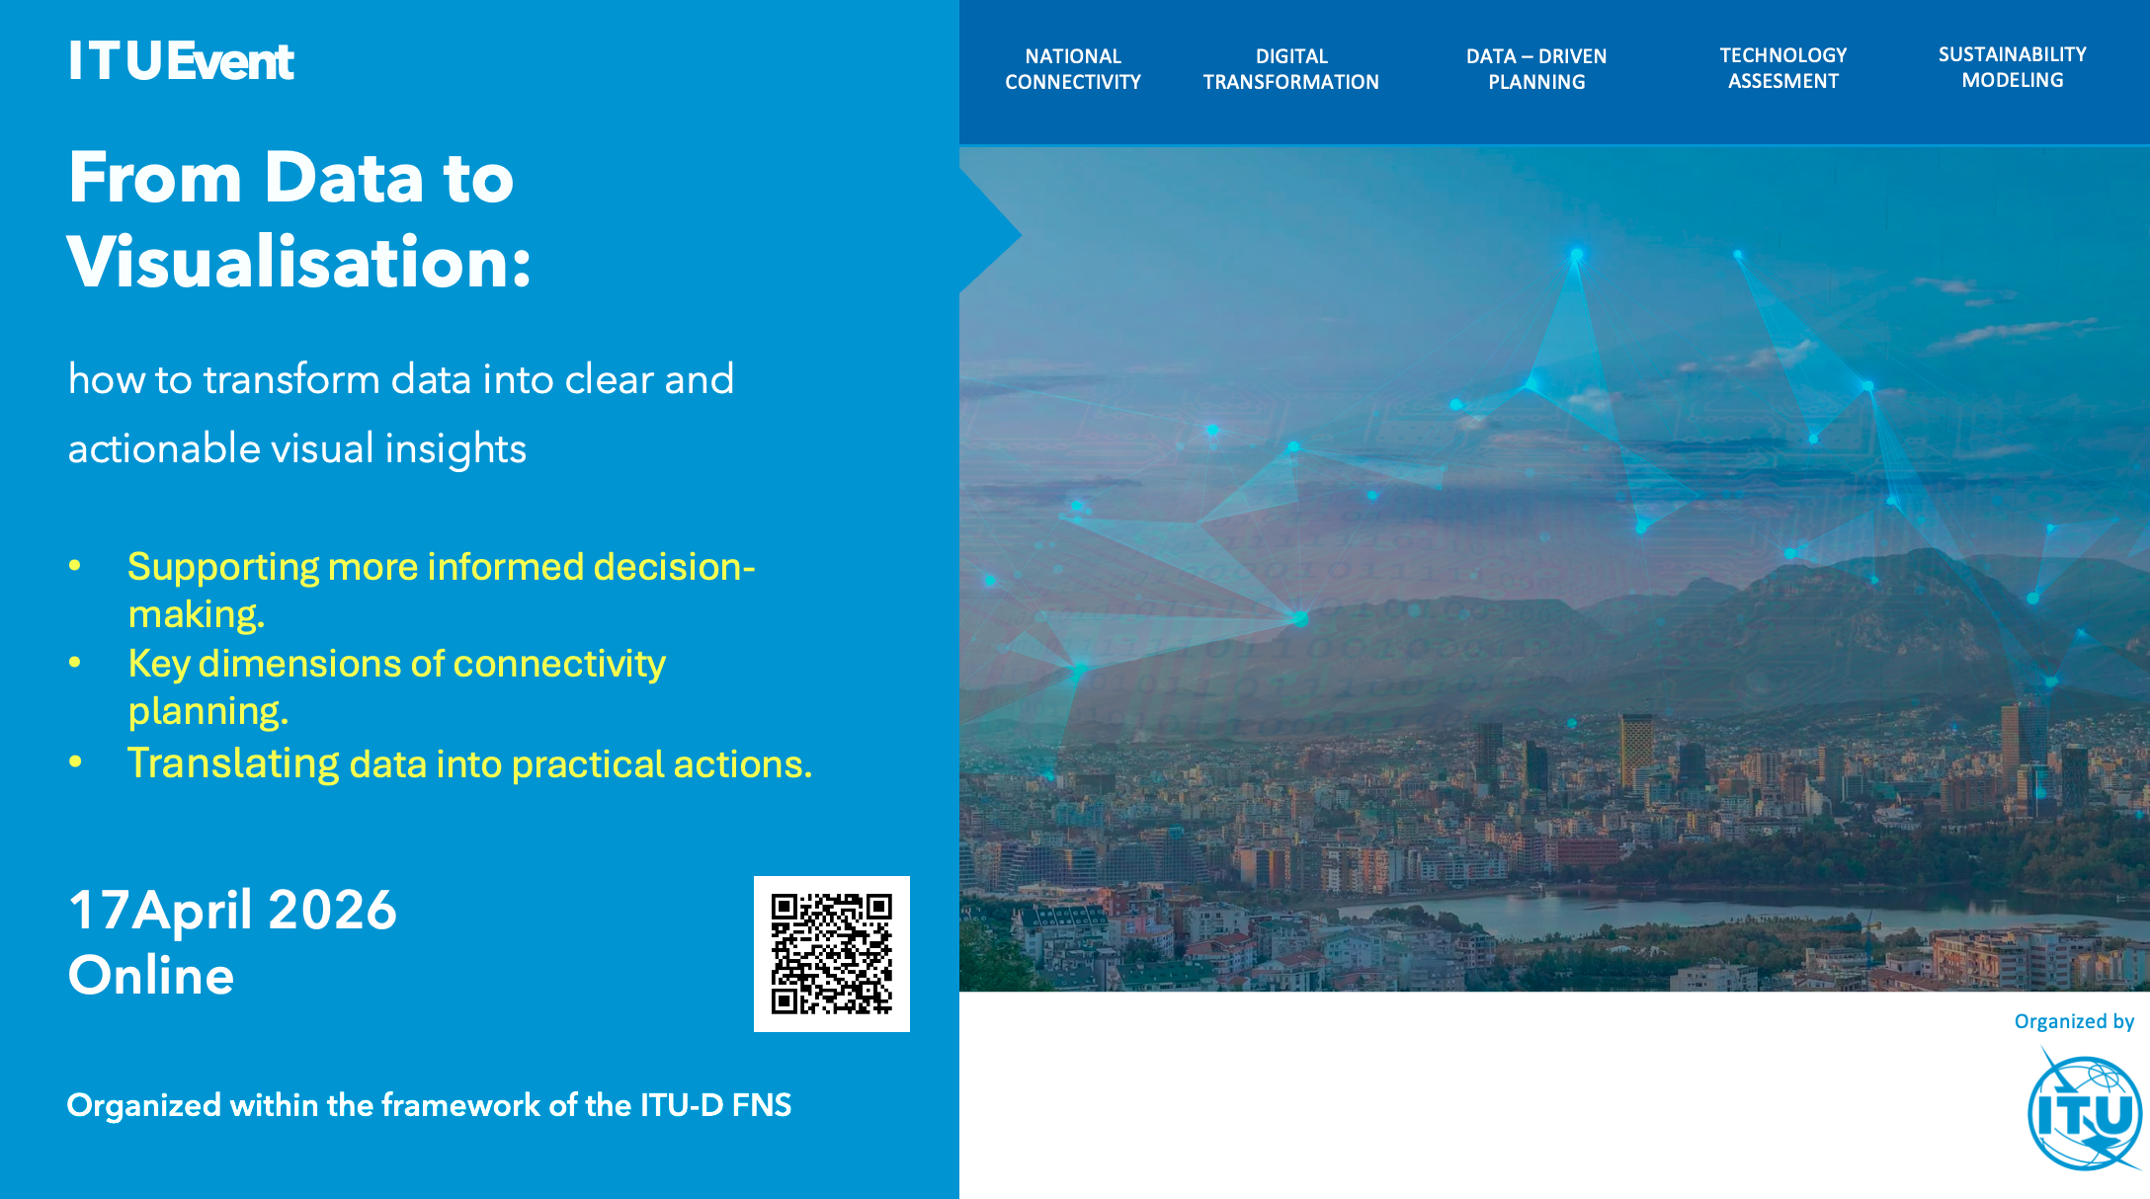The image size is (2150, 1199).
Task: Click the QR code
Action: pyautogui.click(x=831, y=954)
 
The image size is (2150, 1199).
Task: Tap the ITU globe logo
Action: pyautogui.click(x=2084, y=1113)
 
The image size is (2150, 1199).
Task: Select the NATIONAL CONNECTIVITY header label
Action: pyautogui.click(x=1073, y=69)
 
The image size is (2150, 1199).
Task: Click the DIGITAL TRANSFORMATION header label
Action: pyautogui.click(x=1290, y=69)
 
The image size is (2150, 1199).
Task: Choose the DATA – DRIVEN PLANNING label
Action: pyautogui.click(x=1536, y=69)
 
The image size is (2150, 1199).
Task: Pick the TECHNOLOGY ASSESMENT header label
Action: pyautogui.click(x=1782, y=68)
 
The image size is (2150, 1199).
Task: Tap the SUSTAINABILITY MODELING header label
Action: pyautogui.click(x=2012, y=67)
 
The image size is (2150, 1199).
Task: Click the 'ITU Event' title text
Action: pyautogui.click(x=181, y=61)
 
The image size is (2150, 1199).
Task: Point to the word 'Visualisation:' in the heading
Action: pyautogui.click(x=299, y=263)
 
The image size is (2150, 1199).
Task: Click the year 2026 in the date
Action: pyautogui.click(x=332, y=910)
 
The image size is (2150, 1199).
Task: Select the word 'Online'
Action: pyautogui.click(x=151, y=976)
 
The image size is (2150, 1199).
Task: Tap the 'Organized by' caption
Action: pyautogui.click(x=2074, y=1021)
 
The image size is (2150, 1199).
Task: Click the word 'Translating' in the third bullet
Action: pyautogui.click(x=233, y=763)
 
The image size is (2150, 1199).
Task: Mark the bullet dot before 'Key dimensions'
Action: pyautogui.click(x=75, y=663)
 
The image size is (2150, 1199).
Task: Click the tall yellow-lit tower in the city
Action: pyautogui.click(x=1636, y=751)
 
